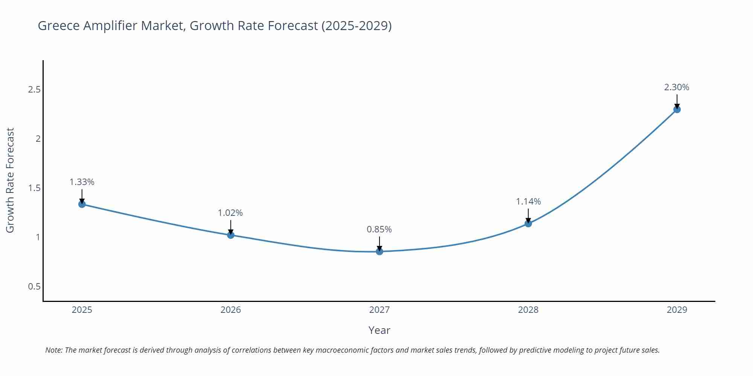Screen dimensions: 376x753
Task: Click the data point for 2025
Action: (82, 204)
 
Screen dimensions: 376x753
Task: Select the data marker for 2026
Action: (231, 235)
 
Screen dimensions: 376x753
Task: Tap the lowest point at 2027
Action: (380, 252)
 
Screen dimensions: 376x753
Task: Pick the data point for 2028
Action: (528, 223)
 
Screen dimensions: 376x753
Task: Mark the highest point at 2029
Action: (677, 109)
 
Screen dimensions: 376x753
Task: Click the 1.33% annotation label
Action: (82, 182)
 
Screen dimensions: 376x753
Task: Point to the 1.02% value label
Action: (230, 213)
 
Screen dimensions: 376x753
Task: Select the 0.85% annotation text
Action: (379, 229)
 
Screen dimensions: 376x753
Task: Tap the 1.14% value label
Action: (528, 202)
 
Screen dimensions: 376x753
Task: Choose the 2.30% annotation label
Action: (677, 87)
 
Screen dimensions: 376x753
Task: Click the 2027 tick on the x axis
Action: (380, 310)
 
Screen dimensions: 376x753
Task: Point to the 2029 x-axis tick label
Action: (677, 310)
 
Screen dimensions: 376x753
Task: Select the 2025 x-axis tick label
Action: (82, 310)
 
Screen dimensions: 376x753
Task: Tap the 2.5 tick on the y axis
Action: (34, 89)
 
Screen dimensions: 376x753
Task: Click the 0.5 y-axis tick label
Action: (34, 287)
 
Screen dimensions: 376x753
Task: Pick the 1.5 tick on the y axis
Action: (34, 188)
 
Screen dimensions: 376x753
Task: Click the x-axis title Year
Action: (379, 330)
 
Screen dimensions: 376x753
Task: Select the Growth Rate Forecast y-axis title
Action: (10, 180)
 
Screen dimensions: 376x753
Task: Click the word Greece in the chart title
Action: (59, 26)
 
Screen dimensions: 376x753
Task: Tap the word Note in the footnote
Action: (54, 350)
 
